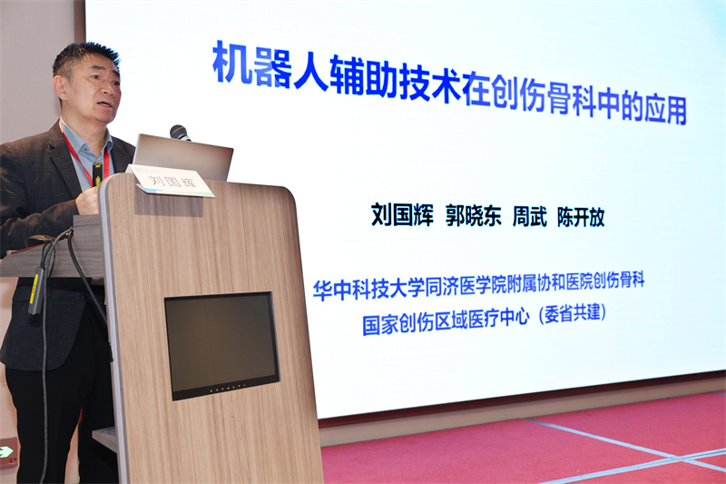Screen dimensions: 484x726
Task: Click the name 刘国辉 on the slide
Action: (x=402, y=217)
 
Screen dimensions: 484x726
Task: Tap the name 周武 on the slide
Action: (x=529, y=218)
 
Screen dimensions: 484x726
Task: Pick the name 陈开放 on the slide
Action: (x=581, y=218)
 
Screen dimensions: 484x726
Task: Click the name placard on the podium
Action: (x=172, y=180)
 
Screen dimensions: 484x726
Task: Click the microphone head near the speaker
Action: (x=179, y=133)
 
